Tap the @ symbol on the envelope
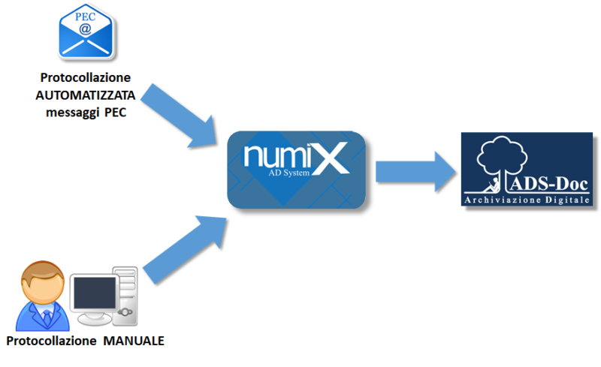click(86, 29)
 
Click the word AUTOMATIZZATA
click(85, 95)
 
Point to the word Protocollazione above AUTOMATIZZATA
click(86, 78)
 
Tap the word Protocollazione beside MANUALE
click(53, 341)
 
